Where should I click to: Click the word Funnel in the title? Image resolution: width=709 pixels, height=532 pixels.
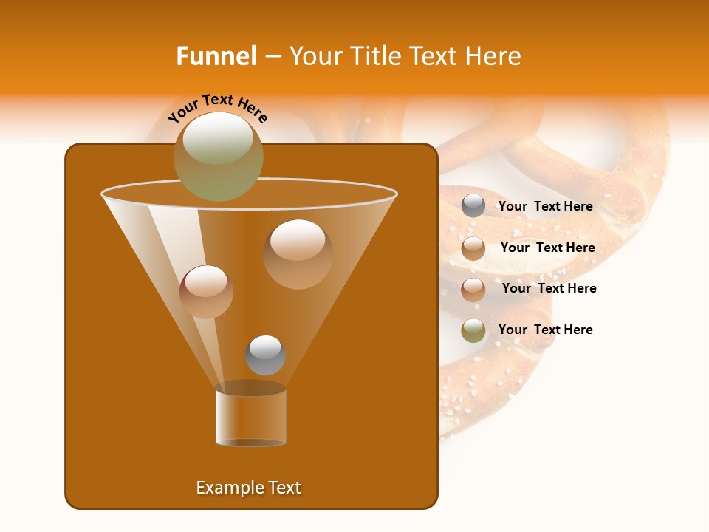[x=216, y=56]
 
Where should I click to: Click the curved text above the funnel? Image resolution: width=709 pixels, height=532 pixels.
[x=217, y=107]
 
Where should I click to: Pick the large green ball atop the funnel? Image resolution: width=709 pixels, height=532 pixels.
[x=218, y=156]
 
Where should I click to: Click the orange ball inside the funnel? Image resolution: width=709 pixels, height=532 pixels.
[x=298, y=253]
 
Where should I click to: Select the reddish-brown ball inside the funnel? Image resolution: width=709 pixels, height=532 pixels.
[x=206, y=292]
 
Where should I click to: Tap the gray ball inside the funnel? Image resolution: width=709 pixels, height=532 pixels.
[x=265, y=355]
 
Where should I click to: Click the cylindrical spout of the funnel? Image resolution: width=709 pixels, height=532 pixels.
[x=250, y=418]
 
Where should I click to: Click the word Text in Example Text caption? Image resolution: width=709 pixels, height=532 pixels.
[x=283, y=488]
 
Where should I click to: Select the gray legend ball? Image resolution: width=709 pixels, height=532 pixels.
[x=473, y=206]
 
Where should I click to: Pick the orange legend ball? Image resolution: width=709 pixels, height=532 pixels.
[x=473, y=248]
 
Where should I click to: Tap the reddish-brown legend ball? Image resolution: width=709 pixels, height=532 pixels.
[x=473, y=290]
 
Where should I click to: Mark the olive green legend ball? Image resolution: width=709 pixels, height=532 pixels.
[x=473, y=330]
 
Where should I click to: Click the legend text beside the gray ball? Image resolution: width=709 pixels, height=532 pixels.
[x=545, y=207]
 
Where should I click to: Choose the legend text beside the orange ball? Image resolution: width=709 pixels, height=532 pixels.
[x=547, y=248]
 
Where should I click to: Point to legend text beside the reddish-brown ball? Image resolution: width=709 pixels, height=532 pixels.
[x=549, y=289]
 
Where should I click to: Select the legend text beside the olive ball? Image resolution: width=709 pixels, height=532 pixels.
[x=545, y=330]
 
